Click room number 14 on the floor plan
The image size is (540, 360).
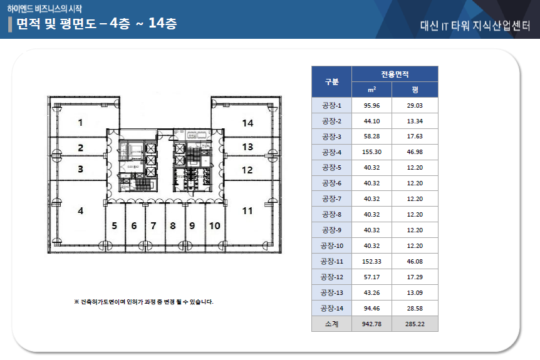tap(247, 123)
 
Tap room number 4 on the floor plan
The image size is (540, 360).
tap(80, 211)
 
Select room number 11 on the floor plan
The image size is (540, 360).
tap(247, 211)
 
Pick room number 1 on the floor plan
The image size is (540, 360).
tap(80, 123)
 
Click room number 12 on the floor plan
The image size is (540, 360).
tap(247, 170)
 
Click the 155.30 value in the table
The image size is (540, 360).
tap(371, 152)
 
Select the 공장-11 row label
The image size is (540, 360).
tap(331, 262)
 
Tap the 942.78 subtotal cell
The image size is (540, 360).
tap(371, 324)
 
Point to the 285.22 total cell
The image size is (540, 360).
tap(415, 324)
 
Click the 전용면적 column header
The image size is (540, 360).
tap(394, 74)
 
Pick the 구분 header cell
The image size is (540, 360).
tap(331, 82)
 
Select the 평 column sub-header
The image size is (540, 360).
tap(415, 90)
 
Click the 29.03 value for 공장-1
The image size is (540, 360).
tap(415, 105)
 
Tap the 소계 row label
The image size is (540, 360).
tap(331, 324)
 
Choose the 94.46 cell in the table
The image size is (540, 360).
tap(371, 309)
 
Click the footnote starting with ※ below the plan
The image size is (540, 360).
tap(143, 302)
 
